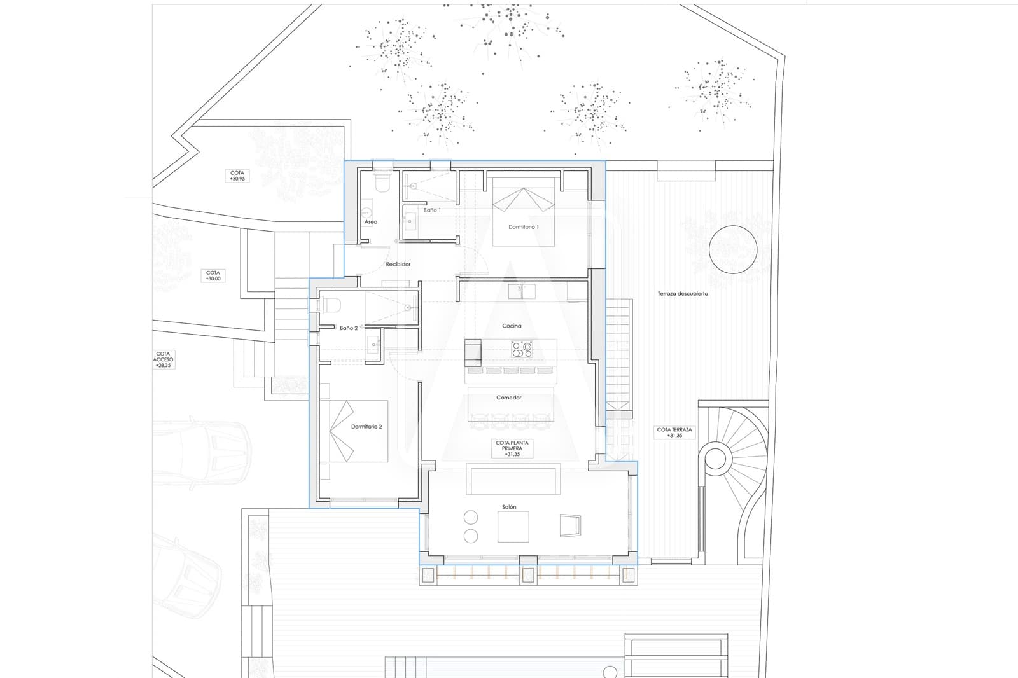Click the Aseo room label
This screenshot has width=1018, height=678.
pyautogui.click(x=370, y=222)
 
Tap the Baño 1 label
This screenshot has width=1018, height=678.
pyautogui.click(x=432, y=210)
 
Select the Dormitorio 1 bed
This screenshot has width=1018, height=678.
pyautogui.click(x=523, y=212)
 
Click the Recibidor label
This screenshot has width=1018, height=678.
pyautogui.click(x=398, y=264)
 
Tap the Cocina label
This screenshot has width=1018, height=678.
pyautogui.click(x=512, y=326)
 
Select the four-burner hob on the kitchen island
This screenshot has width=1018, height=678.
pyautogui.click(x=522, y=349)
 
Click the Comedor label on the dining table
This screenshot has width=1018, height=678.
pyautogui.click(x=509, y=398)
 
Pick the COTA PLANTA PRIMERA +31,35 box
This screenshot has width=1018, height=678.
pyautogui.click(x=512, y=448)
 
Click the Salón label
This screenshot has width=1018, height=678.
pyautogui.click(x=509, y=507)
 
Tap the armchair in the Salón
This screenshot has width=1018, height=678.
pyautogui.click(x=571, y=525)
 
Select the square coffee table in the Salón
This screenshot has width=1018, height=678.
pyautogui.click(x=513, y=527)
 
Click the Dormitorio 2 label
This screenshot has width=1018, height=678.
pyautogui.click(x=366, y=427)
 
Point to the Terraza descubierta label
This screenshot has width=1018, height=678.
pyautogui.click(x=683, y=294)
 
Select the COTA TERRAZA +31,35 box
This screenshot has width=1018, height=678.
pyautogui.click(x=674, y=432)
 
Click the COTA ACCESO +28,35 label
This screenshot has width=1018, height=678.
pyautogui.click(x=164, y=359)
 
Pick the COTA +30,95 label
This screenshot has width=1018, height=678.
pyautogui.click(x=237, y=176)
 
